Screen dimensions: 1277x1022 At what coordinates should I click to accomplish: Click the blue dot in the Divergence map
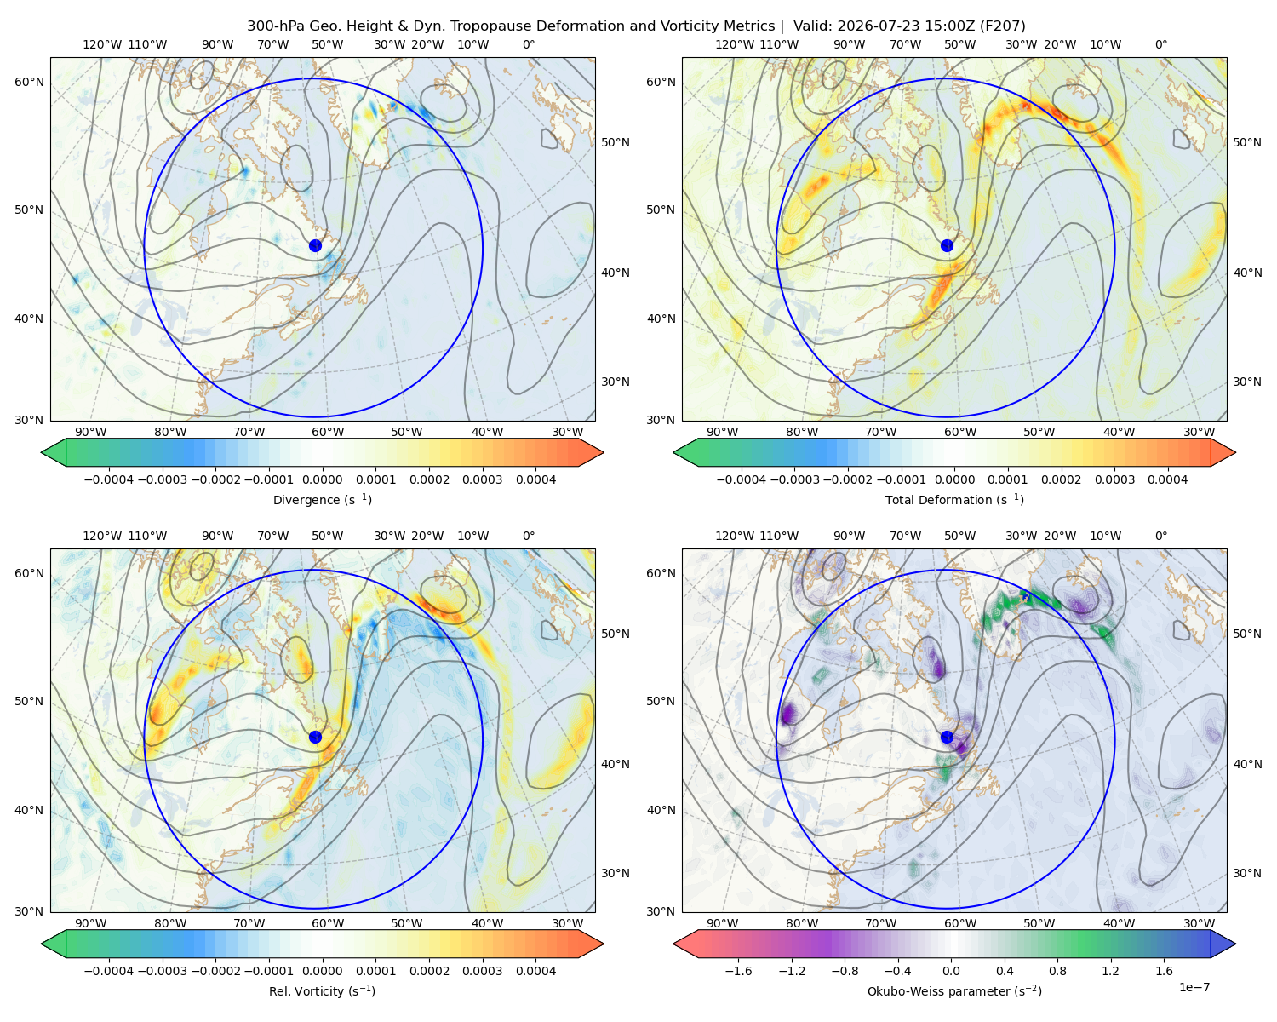(315, 245)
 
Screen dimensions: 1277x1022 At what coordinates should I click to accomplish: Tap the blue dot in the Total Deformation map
(947, 245)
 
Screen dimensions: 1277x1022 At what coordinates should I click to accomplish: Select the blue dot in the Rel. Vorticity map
(315, 737)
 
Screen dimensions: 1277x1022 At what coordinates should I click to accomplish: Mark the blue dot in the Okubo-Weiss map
(947, 737)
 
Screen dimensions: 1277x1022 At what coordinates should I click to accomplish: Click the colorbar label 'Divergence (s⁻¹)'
(322, 499)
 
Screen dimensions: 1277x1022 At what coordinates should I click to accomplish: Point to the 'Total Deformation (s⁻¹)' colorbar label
(954, 499)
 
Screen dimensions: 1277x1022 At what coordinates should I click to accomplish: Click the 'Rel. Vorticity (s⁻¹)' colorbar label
(322, 990)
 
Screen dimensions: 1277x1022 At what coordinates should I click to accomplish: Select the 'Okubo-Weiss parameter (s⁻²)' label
(954, 990)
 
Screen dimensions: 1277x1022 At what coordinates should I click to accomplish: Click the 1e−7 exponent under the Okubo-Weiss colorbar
(1194, 987)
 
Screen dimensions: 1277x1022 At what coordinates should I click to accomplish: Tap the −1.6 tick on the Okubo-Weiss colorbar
(738, 971)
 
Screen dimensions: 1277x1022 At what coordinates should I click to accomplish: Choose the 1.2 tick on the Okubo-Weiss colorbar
(1110, 971)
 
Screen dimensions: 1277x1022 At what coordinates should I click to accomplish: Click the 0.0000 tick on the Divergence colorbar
(322, 479)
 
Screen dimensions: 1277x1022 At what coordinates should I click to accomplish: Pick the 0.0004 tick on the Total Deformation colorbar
(1167, 479)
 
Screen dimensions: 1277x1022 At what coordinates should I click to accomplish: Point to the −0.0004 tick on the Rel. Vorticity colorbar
(109, 971)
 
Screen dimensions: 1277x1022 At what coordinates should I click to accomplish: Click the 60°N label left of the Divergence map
(29, 82)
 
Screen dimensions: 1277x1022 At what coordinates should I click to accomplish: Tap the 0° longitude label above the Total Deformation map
(1160, 44)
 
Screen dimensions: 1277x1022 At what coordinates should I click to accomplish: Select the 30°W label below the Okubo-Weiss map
(1199, 923)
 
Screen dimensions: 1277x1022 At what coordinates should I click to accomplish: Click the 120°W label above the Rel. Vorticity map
(102, 536)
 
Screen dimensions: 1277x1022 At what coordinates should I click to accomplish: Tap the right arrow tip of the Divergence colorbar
(604, 452)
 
